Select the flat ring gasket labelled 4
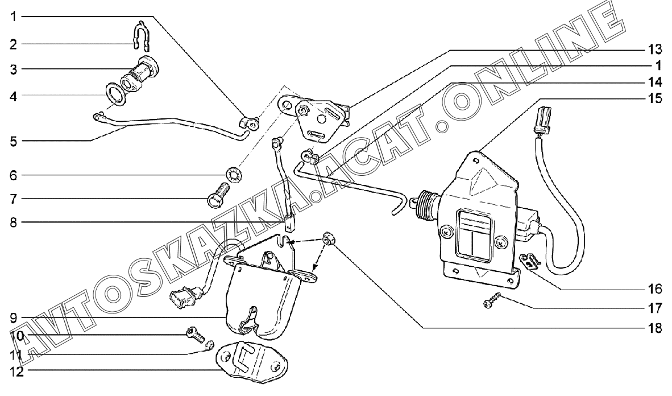pyautogui.click(x=116, y=93)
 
